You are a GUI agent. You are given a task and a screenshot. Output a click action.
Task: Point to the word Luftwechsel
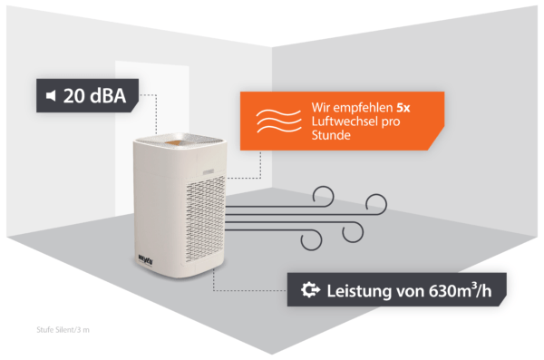tap(344, 123)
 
